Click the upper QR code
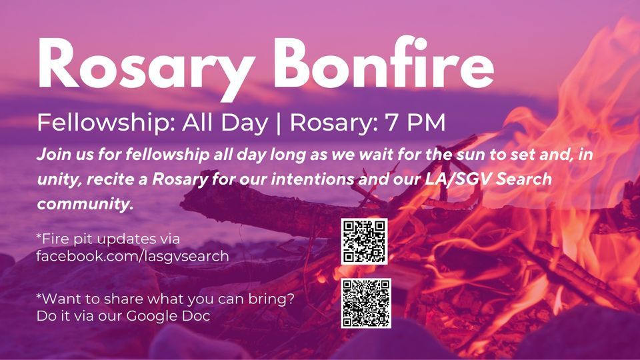[364, 241]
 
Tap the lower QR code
[365, 303]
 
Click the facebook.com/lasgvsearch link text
[133, 255]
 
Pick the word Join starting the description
[54, 156]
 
